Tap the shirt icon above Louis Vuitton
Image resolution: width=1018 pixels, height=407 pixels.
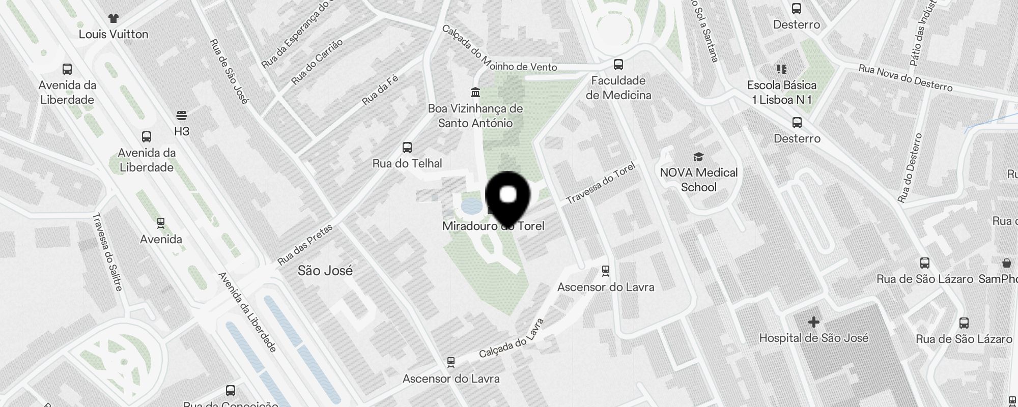[x=113, y=18]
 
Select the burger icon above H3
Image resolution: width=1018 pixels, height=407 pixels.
[x=182, y=115]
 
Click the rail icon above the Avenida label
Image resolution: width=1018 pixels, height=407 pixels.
[x=161, y=223]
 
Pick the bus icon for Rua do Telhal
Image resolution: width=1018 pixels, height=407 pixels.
[x=407, y=148]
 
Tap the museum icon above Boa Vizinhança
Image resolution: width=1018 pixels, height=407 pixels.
[x=475, y=93]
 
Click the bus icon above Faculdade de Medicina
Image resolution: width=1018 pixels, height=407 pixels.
[x=618, y=65]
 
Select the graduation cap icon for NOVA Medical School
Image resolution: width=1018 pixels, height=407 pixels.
[x=699, y=157]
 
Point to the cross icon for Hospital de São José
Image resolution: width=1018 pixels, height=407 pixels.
[x=813, y=322]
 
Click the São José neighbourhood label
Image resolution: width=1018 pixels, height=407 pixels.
[x=325, y=270]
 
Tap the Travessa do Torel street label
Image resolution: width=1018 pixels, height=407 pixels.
[x=601, y=183]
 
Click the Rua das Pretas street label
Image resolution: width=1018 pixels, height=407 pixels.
[x=305, y=245]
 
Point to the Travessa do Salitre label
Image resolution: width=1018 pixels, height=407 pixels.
[x=107, y=252]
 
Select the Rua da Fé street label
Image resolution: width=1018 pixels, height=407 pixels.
[x=380, y=90]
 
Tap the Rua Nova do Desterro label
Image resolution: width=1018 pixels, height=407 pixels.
[x=905, y=78]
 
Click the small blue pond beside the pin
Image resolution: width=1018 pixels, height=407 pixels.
[x=471, y=206]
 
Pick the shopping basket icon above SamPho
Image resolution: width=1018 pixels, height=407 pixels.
[x=1006, y=263]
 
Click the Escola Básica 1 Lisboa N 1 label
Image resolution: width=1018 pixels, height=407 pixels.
[x=782, y=92]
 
